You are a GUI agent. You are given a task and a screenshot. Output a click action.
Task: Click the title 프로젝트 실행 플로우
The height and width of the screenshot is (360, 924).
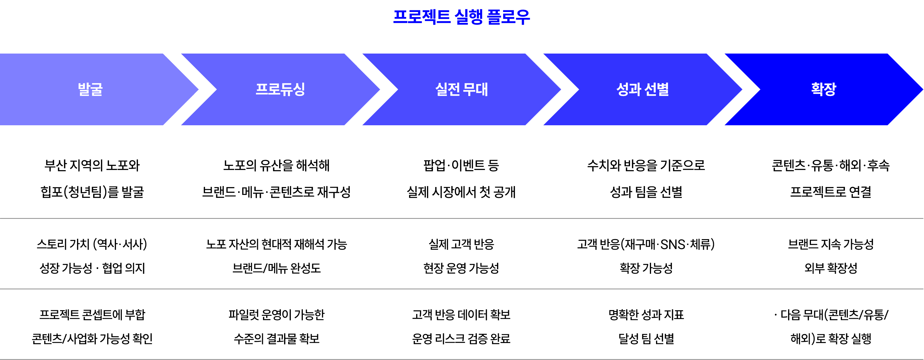[461, 17]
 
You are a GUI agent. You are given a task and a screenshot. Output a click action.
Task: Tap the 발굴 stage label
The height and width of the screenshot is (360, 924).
[90, 89]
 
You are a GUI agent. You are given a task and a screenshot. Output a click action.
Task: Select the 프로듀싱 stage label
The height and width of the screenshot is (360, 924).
[280, 89]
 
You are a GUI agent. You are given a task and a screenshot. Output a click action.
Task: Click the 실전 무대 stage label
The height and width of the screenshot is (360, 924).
[461, 89]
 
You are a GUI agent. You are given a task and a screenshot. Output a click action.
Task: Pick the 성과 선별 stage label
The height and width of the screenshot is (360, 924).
[643, 89]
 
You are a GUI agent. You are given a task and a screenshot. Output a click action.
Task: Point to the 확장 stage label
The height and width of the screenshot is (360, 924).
[824, 89]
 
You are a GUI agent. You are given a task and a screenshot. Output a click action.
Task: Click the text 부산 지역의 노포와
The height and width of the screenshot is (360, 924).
[92, 165]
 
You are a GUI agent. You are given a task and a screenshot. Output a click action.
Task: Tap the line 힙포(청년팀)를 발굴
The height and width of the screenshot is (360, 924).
[92, 192]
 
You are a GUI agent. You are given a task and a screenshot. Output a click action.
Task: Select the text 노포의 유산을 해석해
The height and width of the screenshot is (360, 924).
[276, 165]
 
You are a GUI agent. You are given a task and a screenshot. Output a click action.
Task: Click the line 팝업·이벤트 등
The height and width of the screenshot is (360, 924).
[461, 165]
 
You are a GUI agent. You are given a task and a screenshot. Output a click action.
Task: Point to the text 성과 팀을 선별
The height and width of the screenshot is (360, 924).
[646, 192]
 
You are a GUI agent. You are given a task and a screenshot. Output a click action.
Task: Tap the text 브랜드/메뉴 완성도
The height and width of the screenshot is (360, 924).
[276, 268]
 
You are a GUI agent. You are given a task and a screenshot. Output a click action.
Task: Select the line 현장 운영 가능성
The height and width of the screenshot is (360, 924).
[461, 268]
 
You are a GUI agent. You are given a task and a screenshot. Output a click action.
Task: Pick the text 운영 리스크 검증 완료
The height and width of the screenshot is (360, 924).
[461, 338]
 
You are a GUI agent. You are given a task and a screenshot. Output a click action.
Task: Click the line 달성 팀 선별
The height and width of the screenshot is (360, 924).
[646, 338]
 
